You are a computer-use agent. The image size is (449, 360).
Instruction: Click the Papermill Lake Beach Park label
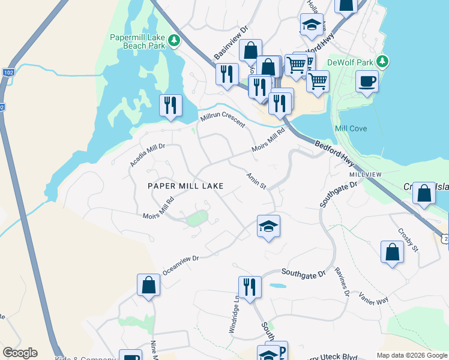click(137, 41)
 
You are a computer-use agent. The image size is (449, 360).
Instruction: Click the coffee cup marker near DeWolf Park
click(367, 81)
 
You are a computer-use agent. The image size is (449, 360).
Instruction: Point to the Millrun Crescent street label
click(223, 119)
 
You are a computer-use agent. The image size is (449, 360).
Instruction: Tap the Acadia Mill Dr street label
click(147, 155)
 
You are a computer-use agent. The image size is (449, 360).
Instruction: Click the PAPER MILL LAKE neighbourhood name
click(185, 186)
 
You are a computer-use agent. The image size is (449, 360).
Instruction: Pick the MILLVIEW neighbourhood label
click(365, 173)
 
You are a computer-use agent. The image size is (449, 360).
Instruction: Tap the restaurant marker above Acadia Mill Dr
click(170, 106)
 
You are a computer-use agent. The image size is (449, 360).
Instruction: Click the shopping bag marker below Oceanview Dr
click(148, 285)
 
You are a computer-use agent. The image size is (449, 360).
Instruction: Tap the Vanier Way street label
click(373, 298)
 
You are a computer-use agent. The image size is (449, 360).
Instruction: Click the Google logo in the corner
click(20, 353)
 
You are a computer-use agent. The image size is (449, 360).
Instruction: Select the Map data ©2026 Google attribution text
click(411, 355)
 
